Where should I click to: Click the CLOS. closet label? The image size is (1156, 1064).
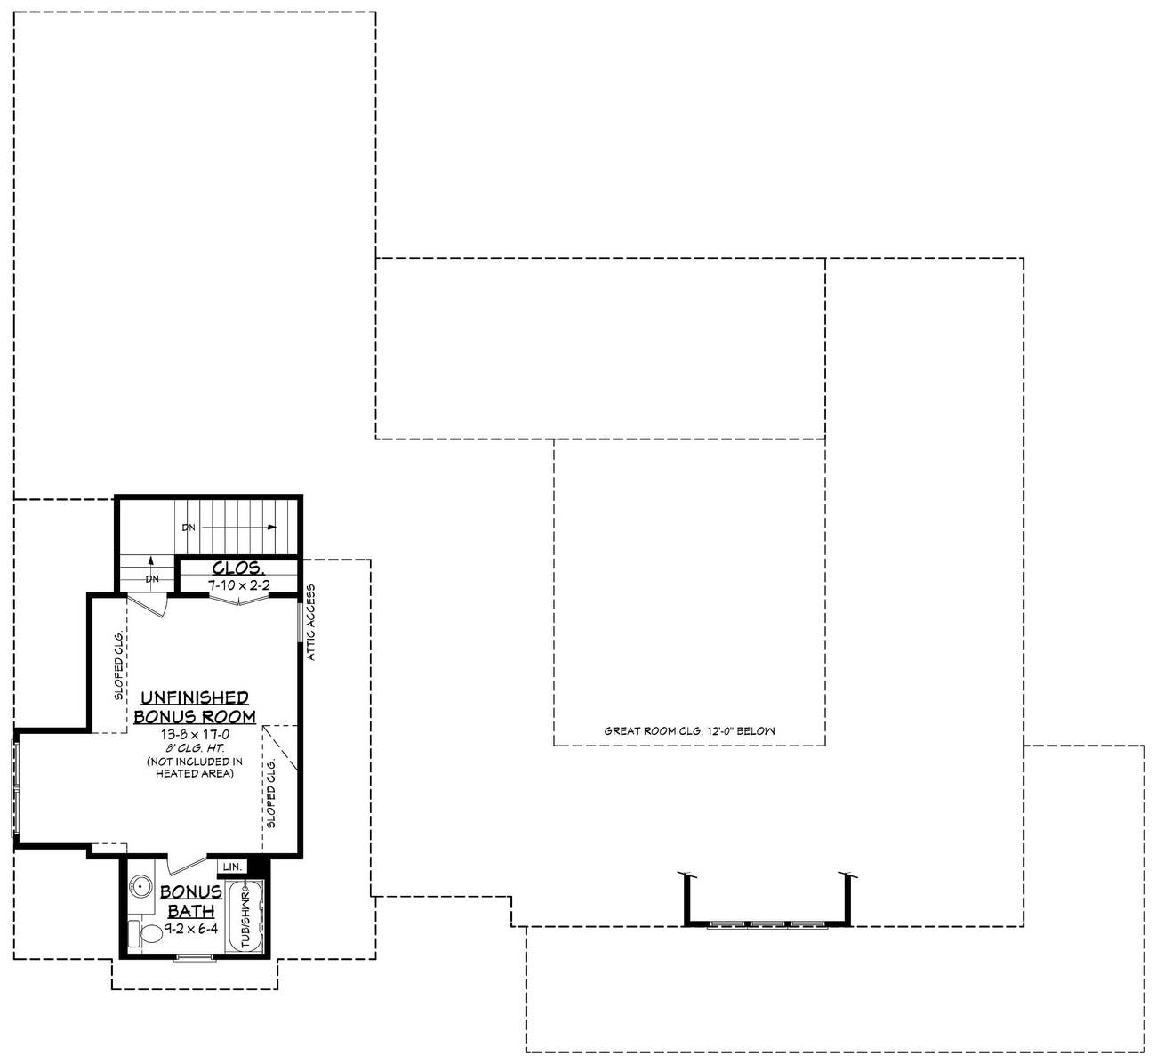coord(237,568)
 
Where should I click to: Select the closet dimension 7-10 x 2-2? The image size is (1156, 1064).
coord(238,584)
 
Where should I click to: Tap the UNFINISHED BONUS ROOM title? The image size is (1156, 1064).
coord(194,707)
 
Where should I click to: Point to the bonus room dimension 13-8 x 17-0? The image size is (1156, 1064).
coord(195,735)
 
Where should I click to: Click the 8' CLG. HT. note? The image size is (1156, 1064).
coord(195,748)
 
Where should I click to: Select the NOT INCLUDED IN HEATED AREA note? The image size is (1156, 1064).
coord(195,768)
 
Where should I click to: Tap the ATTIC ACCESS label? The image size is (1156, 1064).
coord(311,623)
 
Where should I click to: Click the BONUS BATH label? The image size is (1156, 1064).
coord(190,901)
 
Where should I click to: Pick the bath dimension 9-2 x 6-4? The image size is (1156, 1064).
coord(189,928)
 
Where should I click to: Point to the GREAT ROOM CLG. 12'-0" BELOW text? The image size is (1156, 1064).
coord(689,731)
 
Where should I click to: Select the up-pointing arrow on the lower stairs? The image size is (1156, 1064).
coord(152,562)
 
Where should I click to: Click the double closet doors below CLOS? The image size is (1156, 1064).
coord(238,601)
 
